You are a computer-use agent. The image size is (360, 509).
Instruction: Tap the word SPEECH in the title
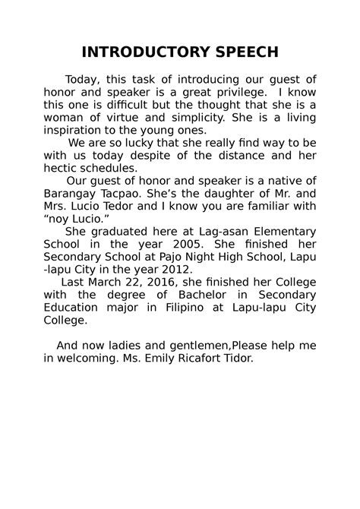coord(242,52)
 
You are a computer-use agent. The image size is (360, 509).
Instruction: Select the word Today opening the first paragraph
coord(82,79)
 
